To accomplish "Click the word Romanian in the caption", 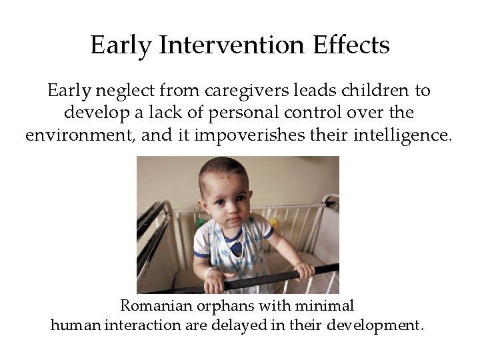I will tap(155, 306).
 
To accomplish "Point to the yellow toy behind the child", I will tap(274, 223).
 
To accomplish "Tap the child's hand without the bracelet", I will tap(303, 269).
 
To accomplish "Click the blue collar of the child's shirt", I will tap(234, 247).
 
